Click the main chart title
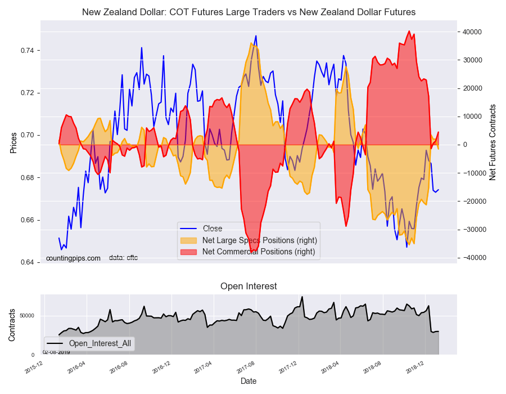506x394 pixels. pyautogui.click(x=249, y=12)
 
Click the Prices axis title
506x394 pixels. pyautogui.click(x=13, y=142)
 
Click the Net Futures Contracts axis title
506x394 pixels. pyautogui.click(x=493, y=142)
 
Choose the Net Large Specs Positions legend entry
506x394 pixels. pyautogui.click(x=259, y=240)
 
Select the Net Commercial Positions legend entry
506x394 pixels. pyautogui.click(x=259, y=252)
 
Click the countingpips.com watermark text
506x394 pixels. pyautogui.click(x=73, y=258)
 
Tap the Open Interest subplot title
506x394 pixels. pyautogui.click(x=249, y=286)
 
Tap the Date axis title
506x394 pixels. pyautogui.click(x=249, y=381)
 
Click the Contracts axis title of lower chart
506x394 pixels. pyautogui.click(x=12, y=324)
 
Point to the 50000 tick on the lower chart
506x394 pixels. pyautogui.click(x=26, y=316)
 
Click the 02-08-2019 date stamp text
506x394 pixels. pyautogui.click(x=56, y=352)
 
